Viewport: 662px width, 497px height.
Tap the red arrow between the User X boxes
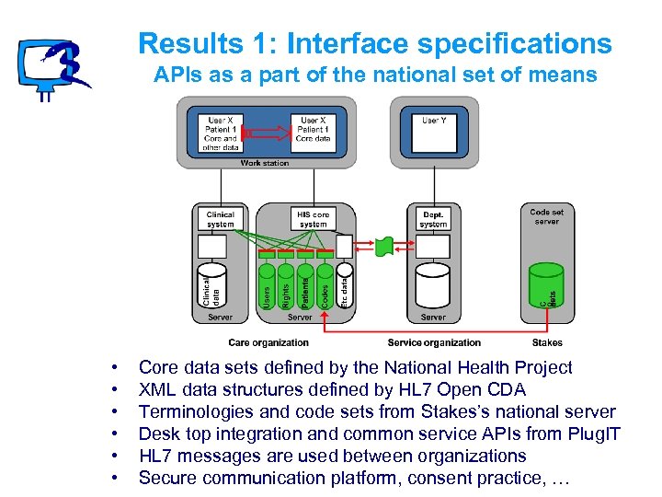point(266,134)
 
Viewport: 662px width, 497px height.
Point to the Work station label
point(265,163)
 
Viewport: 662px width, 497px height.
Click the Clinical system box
point(220,219)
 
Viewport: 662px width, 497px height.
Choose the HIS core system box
point(313,219)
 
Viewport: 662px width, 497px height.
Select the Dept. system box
point(433,219)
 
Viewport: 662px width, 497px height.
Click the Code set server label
point(546,216)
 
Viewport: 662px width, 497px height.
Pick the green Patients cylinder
point(306,285)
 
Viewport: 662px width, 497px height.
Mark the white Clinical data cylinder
point(211,285)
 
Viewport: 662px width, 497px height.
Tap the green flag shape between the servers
point(386,246)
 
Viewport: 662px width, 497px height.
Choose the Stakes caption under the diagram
point(547,342)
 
